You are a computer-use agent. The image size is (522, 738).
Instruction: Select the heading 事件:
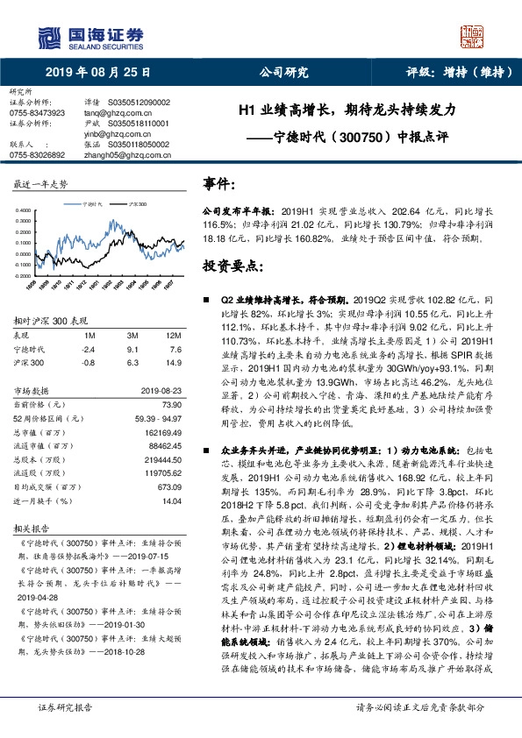218,183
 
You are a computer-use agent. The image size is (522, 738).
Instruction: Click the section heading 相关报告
30,531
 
